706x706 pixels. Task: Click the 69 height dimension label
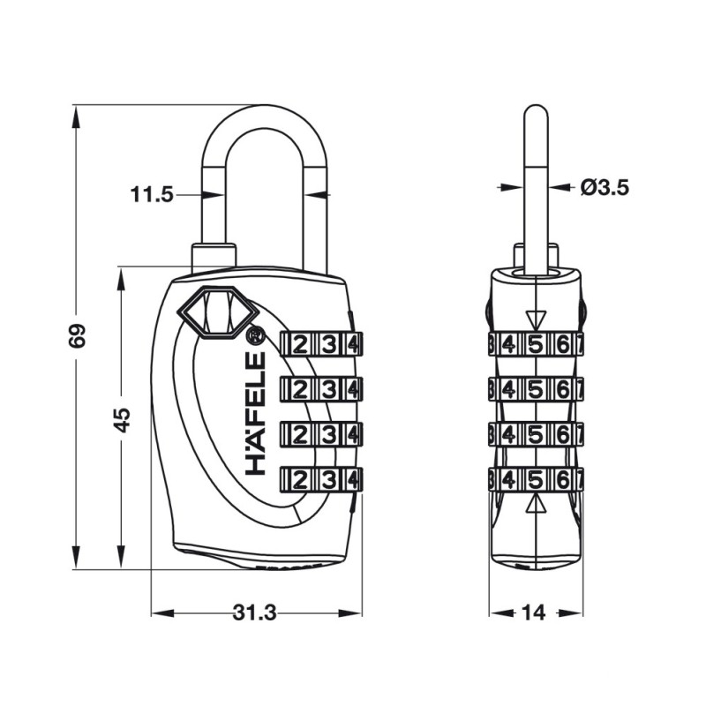(77, 335)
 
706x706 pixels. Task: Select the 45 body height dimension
(122, 420)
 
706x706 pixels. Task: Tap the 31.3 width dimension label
(255, 612)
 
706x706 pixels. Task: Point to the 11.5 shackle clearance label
(152, 195)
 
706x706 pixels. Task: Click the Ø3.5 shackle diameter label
(605, 187)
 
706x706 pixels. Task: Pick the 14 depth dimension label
(534, 612)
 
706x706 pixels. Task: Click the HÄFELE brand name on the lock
(255, 413)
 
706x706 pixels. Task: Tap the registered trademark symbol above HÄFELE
(255, 336)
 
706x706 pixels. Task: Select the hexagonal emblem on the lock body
(218, 312)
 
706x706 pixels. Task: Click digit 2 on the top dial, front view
(300, 345)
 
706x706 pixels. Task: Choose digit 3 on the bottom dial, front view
(328, 480)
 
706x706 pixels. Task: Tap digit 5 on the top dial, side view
(536, 345)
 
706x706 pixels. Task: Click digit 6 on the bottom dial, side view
(563, 480)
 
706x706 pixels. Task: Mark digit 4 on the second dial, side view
(508, 389)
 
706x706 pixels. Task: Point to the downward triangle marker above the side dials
(536, 320)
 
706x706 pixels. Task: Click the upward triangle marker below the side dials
(536, 503)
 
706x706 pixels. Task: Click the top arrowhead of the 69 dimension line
(77, 118)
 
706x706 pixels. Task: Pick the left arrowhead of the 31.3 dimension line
(162, 612)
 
